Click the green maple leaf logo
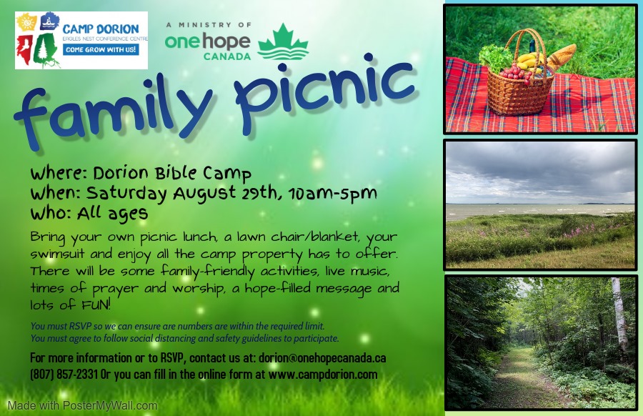tap(282, 42)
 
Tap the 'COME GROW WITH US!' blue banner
tap(101, 49)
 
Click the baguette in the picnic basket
tap(561, 56)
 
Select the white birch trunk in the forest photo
tap(620, 313)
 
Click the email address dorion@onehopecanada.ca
tap(322, 357)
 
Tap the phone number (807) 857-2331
tap(64, 374)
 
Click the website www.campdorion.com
tap(323, 374)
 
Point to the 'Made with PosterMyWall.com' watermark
tap(82, 406)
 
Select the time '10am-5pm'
tap(332, 194)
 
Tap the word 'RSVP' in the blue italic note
tap(80, 326)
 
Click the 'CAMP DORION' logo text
tap(101, 29)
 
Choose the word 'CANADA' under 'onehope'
tap(227, 56)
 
